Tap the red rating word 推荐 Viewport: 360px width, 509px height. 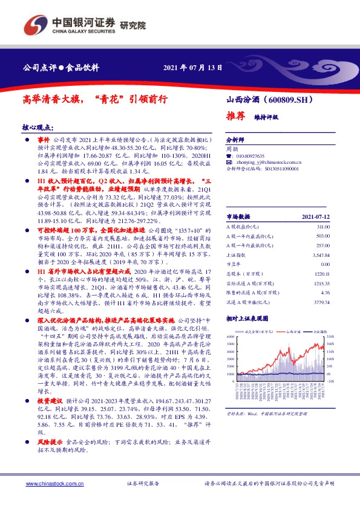[235, 115]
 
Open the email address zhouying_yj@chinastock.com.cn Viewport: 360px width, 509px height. [267, 163]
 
